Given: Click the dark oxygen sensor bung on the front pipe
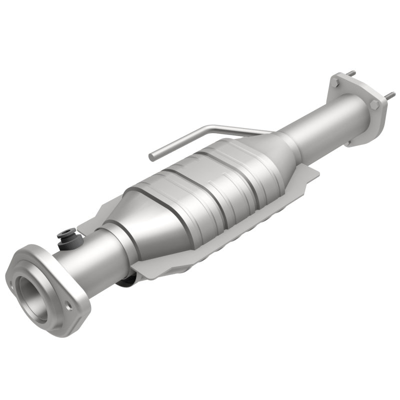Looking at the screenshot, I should tap(65, 234).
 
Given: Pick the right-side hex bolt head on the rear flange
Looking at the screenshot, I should tap(374, 104).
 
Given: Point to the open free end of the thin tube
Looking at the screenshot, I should tap(151, 156).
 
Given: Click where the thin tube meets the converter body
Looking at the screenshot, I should tap(267, 133).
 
